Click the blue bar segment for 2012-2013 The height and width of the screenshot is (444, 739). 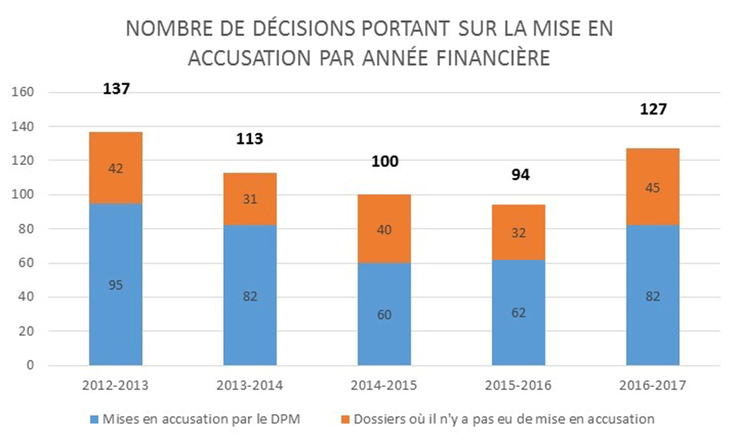point(115,284)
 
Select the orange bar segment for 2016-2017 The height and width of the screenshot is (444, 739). point(653,186)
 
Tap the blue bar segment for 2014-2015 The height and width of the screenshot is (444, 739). point(384,314)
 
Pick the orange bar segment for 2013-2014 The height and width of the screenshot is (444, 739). point(250,199)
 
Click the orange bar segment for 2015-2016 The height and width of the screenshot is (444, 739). point(519,232)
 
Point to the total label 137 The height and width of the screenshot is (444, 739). point(117,88)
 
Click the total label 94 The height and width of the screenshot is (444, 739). point(519,174)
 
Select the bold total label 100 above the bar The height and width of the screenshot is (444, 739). point(384,161)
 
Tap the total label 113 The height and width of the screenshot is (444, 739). point(250,139)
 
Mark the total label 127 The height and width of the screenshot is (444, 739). point(653,109)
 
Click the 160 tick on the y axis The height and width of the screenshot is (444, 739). point(23,92)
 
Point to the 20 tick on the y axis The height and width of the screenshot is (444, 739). point(27,331)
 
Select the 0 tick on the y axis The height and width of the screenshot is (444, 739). point(30,366)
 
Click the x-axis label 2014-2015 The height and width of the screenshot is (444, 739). point(384,386)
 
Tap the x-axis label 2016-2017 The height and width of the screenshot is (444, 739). point(653,386)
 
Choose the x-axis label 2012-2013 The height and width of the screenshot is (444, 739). point(115,386)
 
